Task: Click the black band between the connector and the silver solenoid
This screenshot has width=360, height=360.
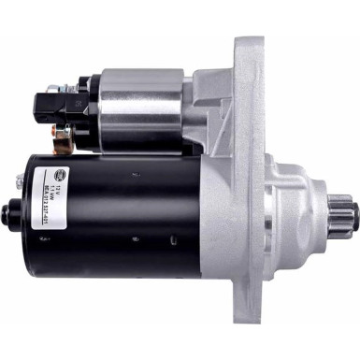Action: pos(88,106)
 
